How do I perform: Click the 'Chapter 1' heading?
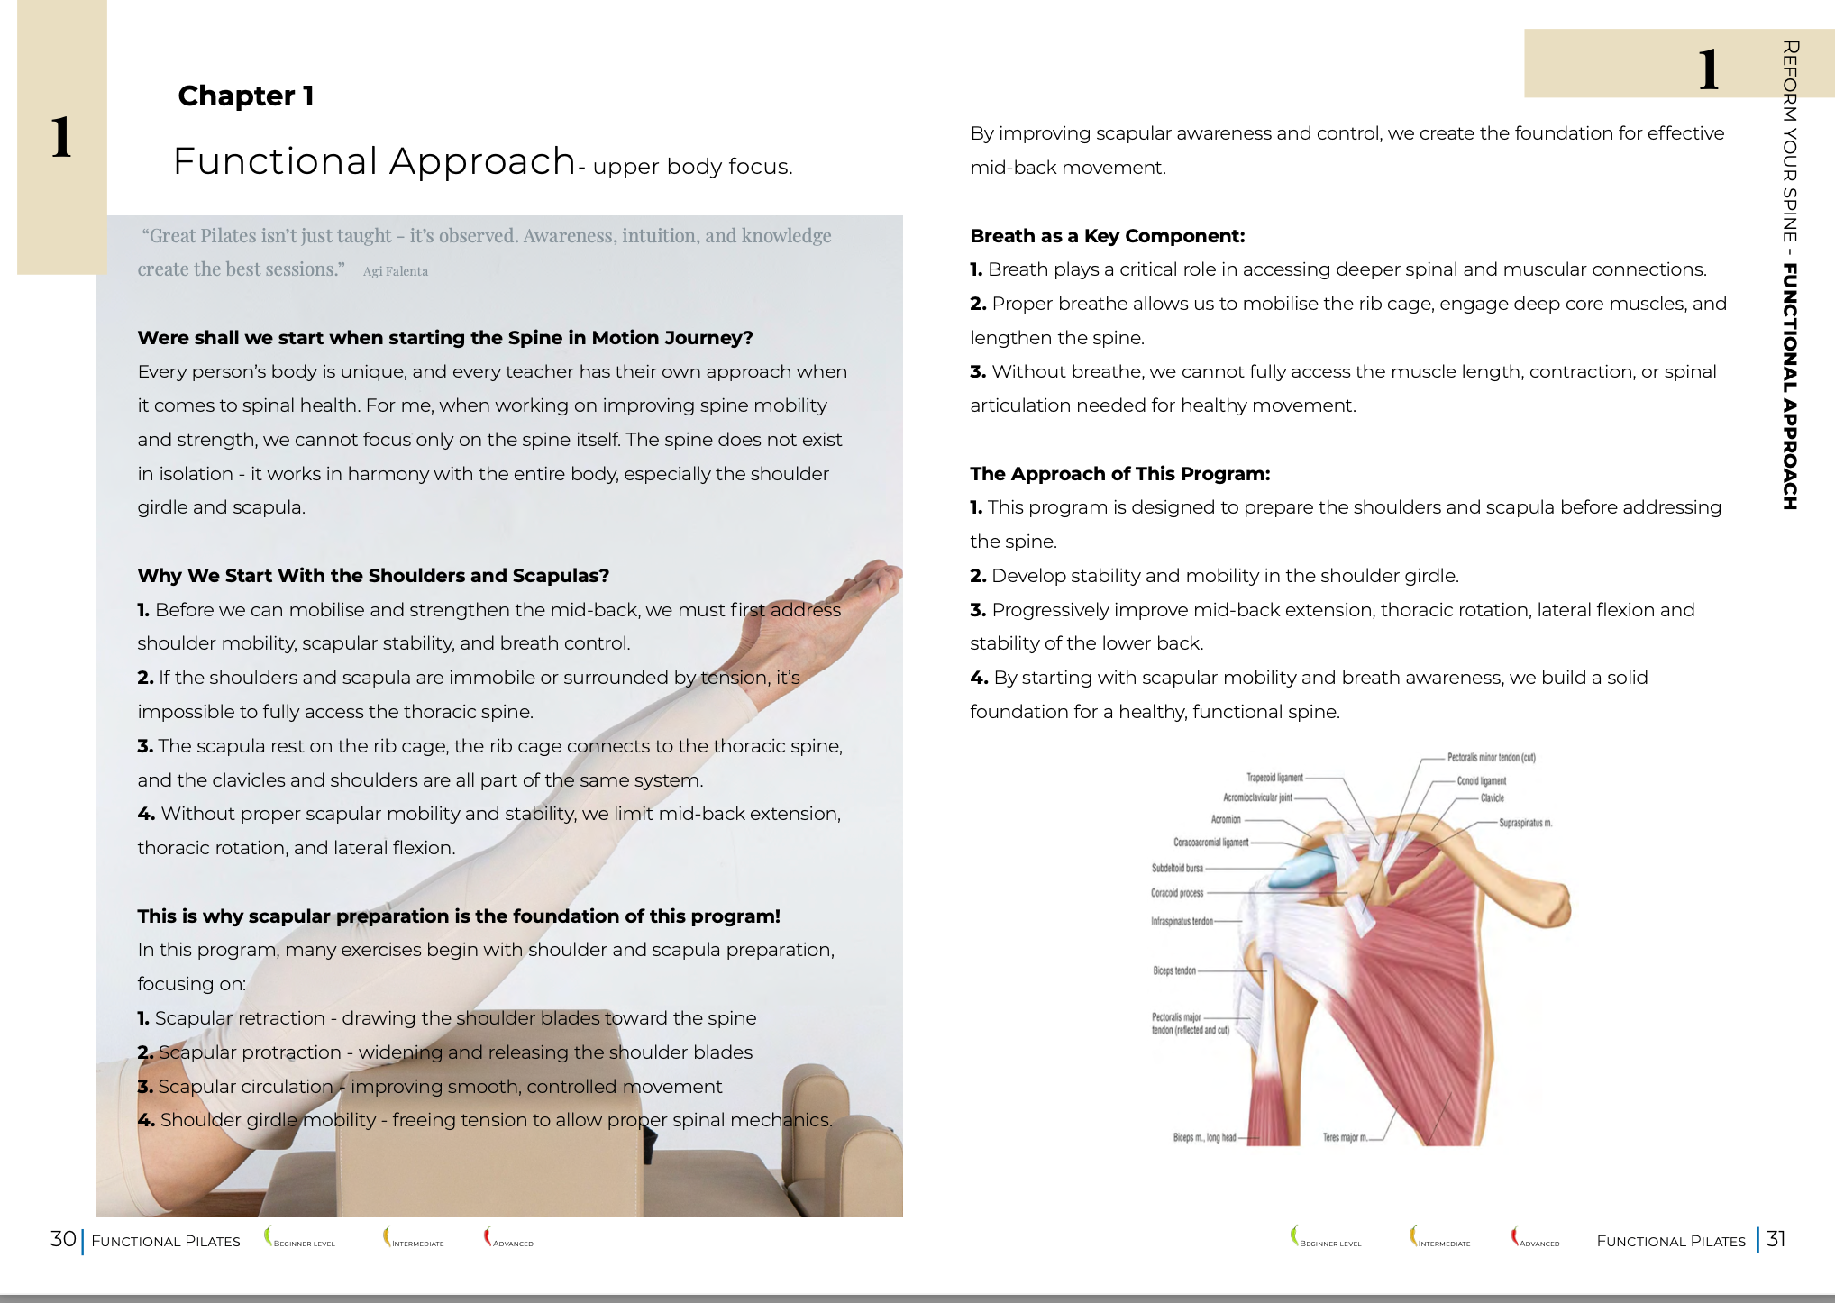click(x=245, y=96)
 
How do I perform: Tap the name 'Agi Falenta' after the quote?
click(x=395, y=271)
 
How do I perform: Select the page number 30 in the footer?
click(x=63, y=1239)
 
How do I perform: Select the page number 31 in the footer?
click(x=1776, y=1239)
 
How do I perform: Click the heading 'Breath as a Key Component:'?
click(x=1107, y=236)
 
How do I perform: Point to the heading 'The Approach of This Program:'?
click(x=1119, y=474)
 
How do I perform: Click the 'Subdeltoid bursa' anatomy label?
click(x=1176, y=869)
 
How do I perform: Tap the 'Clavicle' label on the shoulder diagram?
click(x=1492, y=798)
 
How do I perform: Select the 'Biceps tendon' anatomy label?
click(x=1173, y=971)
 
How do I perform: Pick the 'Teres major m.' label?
click(x=1344, y=1138)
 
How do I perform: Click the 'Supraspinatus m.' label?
click(x=1525, y=823)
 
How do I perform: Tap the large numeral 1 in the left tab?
click(x=61, y=138)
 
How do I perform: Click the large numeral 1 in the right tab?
click(x=1708, y=69)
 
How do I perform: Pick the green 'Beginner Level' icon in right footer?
click(x=1295, y=1235)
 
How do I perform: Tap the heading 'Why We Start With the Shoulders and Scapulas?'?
click(x=373, y=576)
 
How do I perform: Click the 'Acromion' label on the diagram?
click(x=1225, y=820)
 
